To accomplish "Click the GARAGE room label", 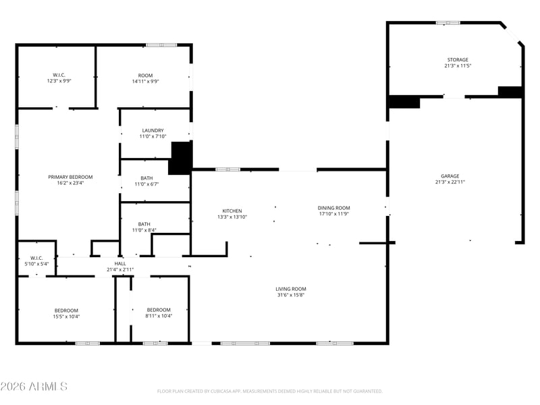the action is tap(450, 176).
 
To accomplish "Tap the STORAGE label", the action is tap(458, 59).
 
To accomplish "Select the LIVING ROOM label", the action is tap(291, 289).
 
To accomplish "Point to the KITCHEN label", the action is tap(232, 211).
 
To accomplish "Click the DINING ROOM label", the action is tap(333, 208).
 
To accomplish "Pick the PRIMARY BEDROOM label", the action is tap(70, 177).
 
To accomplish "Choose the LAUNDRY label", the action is tap(153, 130).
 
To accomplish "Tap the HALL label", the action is tap(120, 263).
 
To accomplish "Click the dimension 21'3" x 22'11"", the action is tap(450, 182).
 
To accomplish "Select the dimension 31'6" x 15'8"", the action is tap(291, 295).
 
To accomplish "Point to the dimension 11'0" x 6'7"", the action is tap(146, 184).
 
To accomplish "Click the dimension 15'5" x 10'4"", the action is tap(66, 316).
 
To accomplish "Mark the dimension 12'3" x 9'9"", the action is tap(59, 80).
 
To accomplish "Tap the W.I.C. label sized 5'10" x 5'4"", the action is tap(36, 258).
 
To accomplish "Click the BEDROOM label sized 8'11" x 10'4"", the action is tap(159, 310).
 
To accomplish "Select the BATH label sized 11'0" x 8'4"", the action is tap(144, 224).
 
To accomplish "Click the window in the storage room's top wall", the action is tap(448, 23).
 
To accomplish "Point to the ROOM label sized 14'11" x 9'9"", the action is tap(145, 76).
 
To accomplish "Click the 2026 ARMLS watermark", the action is tap(34, 386).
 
